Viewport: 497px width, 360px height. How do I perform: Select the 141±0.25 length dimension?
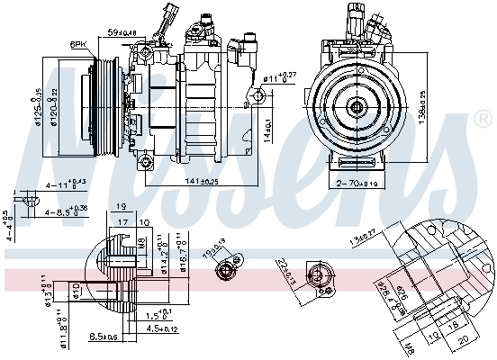[202, 182]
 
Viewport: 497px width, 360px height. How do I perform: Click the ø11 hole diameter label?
[280, 77]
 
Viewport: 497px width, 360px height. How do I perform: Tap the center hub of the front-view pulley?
[357, 105]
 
